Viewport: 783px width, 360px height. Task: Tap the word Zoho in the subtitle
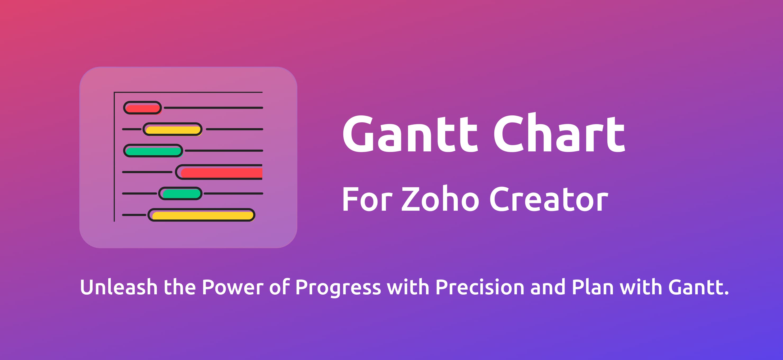pyautogui.click(x=440, y=199)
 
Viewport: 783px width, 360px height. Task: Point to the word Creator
pyautogui.click(x=549, y=199)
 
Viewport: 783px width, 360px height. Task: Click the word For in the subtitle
pyautogui.click(x=367, y=199)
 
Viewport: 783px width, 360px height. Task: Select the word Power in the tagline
pyautogui.click(x=233, y=287)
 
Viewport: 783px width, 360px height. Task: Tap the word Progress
pyautogui.click(x=338, y=289)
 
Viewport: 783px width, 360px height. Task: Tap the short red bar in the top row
pyautogui.click(x=143, y=108)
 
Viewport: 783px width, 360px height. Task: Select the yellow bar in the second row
pyautogui.click(x=173, y=129)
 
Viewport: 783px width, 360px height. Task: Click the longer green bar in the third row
pyautogui.click(x=153, y=151)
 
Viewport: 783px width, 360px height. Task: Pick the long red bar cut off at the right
pyautogui.click(x=219, y=172)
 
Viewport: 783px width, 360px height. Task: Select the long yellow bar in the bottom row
pyautogui.click(x=202, y=215)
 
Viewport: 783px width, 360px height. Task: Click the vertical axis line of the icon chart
pyautogui.click(x=114, y=157)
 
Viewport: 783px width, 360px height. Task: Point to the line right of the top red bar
pyautogui.click(x=214, y=108)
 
